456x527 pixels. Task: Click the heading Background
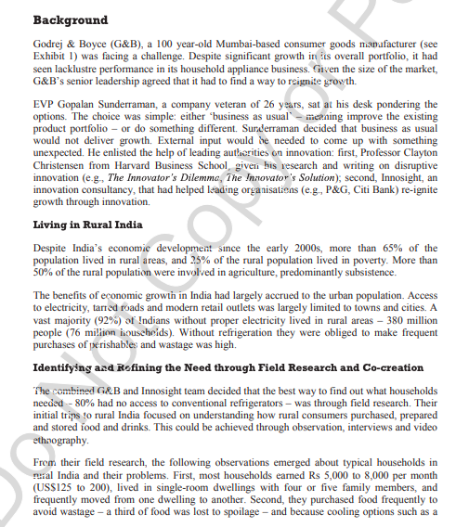70,19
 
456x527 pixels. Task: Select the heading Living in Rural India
96,224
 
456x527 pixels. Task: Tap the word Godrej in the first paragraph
50,44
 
